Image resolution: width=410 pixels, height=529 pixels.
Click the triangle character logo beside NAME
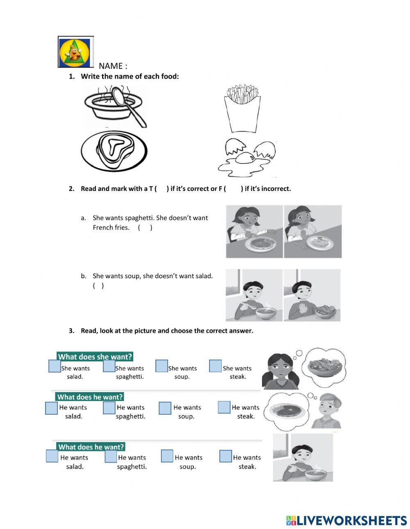[x=75, y=52]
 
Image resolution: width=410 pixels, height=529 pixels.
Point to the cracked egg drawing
[x=247, y=158]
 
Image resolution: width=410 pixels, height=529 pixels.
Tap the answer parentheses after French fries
[x=145, y=227]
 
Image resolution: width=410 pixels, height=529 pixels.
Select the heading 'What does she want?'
[x=95, y=356]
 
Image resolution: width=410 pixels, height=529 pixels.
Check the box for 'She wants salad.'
[x=55, y=366]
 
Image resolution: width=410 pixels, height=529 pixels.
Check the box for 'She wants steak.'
[x=215, y=366]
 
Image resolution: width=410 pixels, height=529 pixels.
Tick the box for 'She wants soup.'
[x=162, y=366]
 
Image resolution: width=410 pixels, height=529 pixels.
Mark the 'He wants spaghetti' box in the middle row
[x=109, y=408]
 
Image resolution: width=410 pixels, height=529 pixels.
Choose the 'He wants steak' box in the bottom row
[x=225, y=456]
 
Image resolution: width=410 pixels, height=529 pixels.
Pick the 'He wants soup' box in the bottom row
[x=167, y=456]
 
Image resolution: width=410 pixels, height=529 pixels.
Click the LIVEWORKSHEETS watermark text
[x=346, y=520]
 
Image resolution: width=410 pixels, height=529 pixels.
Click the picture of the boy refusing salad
[x=312, y=295]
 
